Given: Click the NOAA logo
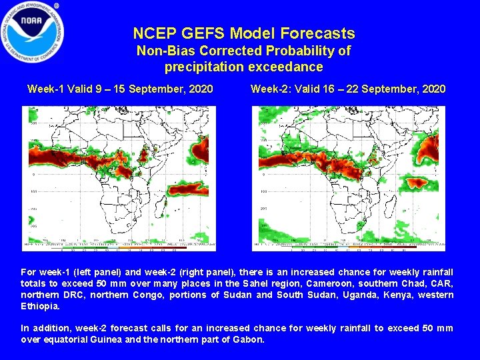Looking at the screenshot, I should tap(33, 32).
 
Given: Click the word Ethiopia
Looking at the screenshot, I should tap(39, 306).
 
